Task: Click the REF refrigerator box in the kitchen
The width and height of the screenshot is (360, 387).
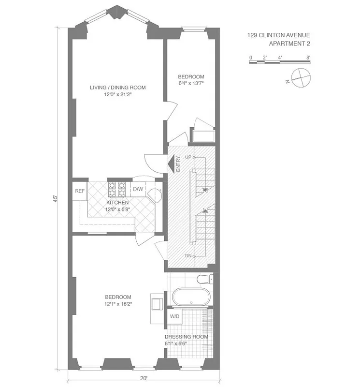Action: click(80, 191)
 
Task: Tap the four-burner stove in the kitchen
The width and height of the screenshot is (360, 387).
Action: click(116, 189)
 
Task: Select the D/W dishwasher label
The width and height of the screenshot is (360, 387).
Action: click(138, 189)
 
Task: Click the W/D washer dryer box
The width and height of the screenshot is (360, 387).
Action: click(174, 317)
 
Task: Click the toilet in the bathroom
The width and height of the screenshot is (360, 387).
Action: click(205, 279)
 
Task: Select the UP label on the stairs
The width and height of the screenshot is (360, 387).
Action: click(188, 158)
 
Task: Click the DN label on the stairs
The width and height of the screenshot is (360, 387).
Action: click(188, 256)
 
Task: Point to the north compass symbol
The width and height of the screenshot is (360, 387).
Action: click(299, 78)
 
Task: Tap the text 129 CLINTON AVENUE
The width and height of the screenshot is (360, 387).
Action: click(279, 35)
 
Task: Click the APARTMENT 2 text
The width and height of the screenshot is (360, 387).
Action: click(289, 44)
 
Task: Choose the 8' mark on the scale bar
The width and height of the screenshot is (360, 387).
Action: click(308, 58)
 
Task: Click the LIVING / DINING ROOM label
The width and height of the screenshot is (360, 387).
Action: click(117, 88)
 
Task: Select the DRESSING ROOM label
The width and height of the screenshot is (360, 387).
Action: click(186, 337)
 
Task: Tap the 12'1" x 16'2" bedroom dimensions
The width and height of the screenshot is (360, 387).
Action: click(118, 304)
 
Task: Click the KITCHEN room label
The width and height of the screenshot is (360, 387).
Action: click(117, 203)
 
